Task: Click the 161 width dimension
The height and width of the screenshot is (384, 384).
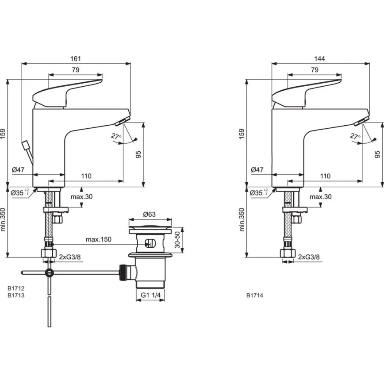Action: [x=76, y=58]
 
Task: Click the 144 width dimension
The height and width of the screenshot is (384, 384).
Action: [x=319, y=58]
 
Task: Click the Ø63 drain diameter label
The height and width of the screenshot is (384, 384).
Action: [x=150, y=215]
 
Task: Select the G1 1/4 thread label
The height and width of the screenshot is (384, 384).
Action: [x=150, y=295]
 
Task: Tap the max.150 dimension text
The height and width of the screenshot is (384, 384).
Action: [x=98, y=239]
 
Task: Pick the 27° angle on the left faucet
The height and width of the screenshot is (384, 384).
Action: [x=116, y=137]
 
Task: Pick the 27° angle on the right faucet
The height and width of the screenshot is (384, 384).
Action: [x=355, y=137]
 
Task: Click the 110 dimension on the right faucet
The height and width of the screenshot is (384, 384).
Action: [x=325, y=176]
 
